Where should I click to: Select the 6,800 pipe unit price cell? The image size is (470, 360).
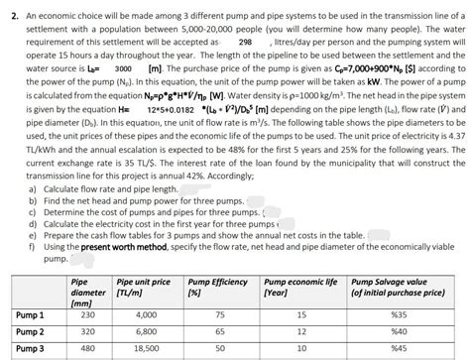138,332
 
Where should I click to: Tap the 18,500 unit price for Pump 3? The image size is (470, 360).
139,349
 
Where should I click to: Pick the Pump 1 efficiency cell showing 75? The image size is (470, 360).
218,313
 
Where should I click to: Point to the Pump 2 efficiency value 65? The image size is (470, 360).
218,332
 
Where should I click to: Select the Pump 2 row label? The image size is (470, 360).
30,332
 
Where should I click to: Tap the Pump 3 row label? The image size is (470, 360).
30,349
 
